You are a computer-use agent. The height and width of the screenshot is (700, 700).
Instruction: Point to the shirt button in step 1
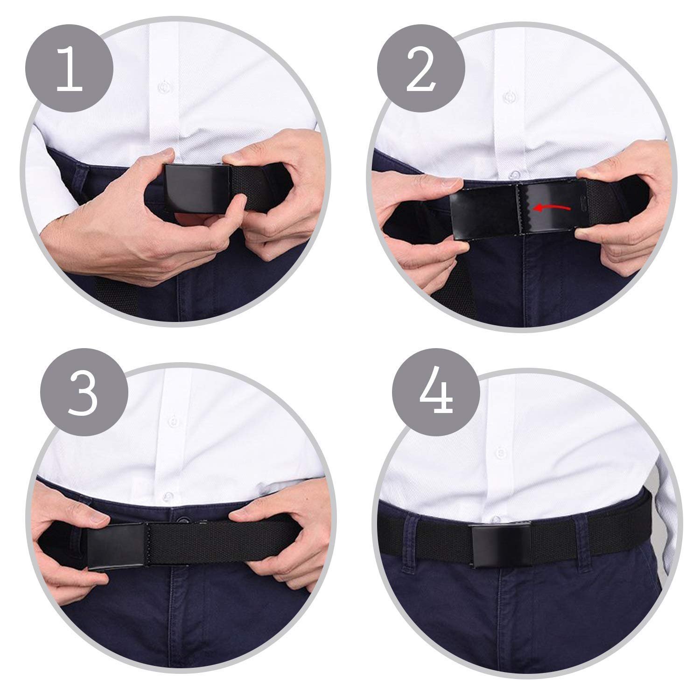pyautogui.click(x=164, y=87)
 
